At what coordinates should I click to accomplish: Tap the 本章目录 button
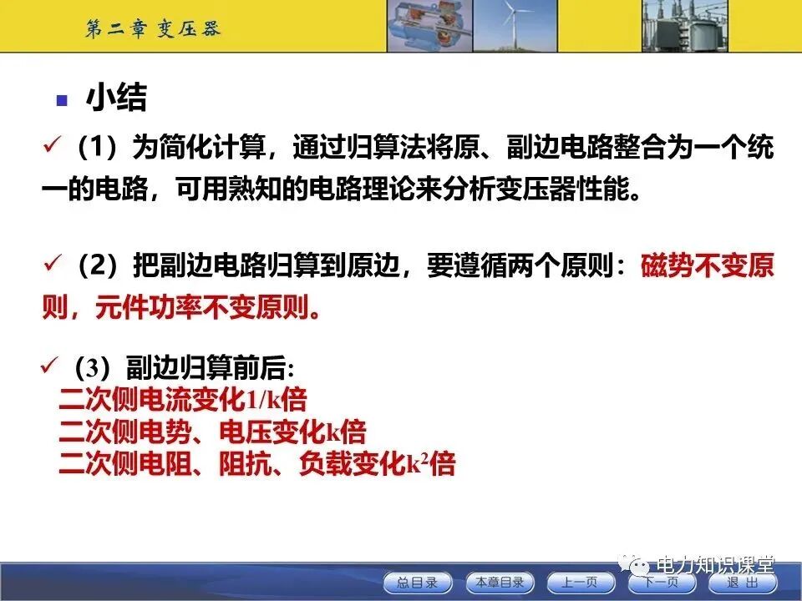(x=499, y=583)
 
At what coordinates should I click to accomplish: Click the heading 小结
(x=116, y=98)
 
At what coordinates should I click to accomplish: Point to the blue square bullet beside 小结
(x=61, y=100)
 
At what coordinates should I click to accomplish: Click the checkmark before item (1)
(x=53, y=148)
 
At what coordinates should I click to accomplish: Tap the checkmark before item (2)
(x=53, y=266)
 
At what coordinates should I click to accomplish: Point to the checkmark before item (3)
(x=50, y=365)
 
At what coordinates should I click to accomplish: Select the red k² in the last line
(x=416, y=464)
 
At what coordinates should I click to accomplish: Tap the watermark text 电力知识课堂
(x=715, y=563)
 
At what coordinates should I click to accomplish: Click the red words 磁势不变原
(x=707, y=268)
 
